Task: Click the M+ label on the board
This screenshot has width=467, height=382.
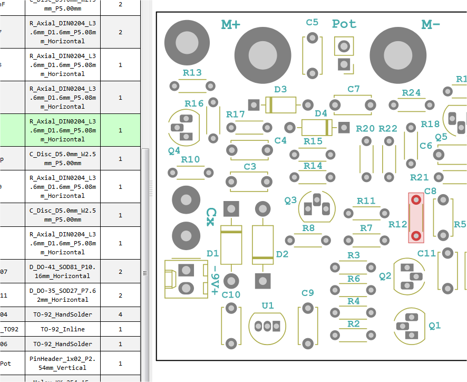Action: [x=231, y=24]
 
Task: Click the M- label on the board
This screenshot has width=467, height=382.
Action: [x=431, y=24]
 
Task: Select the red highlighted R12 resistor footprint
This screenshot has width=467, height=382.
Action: [x=416, y=218]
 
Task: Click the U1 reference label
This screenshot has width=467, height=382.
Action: [x=268, y=305]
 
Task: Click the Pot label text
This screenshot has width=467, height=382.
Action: [x=344, y=24]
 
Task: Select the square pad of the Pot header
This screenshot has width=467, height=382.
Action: [x=344, y=64]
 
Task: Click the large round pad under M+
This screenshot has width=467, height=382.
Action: [x=262, y=55]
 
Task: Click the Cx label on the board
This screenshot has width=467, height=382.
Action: [x=210, y=216]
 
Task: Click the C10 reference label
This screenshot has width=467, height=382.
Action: [x=231, y=295]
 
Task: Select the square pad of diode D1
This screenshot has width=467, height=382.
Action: [x=231, y=209]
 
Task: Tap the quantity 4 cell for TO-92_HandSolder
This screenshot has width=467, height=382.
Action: [x=120, y=314]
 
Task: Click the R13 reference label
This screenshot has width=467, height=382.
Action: [x=192, y=73]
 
